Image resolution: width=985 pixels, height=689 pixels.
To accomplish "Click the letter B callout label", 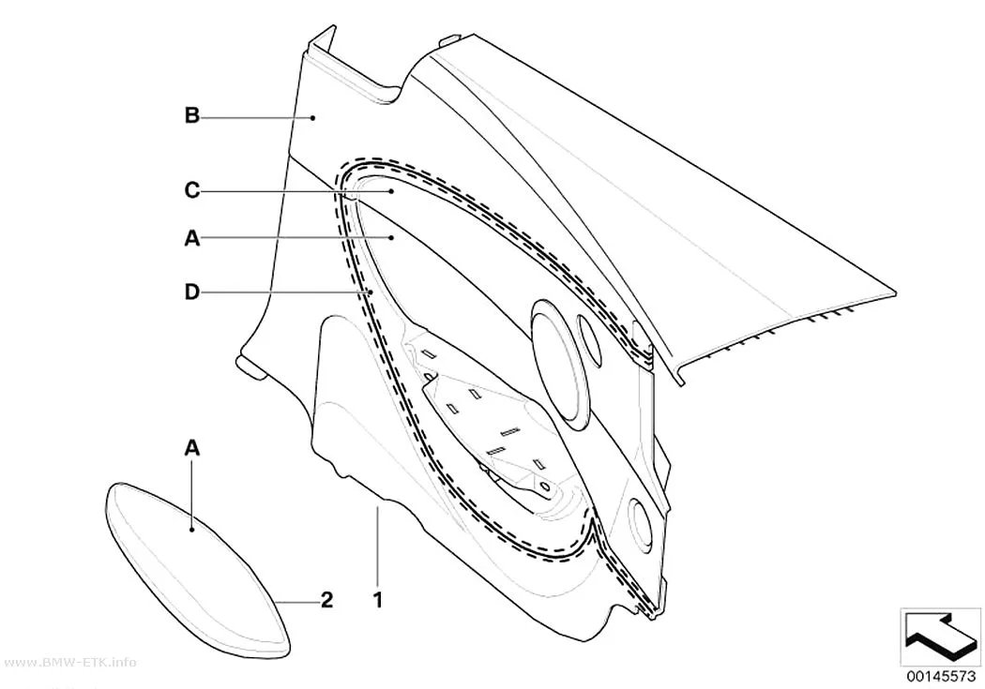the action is pyautogui.click(x=192, y=116).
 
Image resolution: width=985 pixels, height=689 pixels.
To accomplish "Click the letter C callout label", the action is pyautogui.click(x=192, y=189).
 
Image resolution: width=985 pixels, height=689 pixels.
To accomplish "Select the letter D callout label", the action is pyautogui.click(x=192, y=292).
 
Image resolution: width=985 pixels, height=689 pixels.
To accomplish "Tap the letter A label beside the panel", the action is pyautogui.click(x=192, y=238).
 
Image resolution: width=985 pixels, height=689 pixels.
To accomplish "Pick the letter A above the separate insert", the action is pyautogui.click(x=192, y=448).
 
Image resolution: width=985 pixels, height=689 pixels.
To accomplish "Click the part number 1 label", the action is pyautogui.click(x=377, y=601).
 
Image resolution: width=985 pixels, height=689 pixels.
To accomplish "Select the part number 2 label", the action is pyautogui.click(x=326, y=601).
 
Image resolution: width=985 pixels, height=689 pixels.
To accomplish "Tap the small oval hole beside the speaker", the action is pyautogui.click(x=590, y=338).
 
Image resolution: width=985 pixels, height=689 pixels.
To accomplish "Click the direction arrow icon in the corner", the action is pyautogui.click(x=941, y=637).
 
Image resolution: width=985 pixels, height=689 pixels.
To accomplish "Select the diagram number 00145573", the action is pyautogui.click(x=941, y=677).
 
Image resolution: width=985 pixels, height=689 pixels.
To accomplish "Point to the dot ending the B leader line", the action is pyautogui.click(x=312, y=117).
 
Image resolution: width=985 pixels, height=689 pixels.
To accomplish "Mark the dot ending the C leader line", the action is pyautogui.click(x=391, y=190).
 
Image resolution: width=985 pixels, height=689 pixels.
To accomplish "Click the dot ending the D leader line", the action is pyautogui.click(x=371, y=292).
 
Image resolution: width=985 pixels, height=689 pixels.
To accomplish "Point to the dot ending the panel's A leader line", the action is pyautogui.click(x=391, y=238).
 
